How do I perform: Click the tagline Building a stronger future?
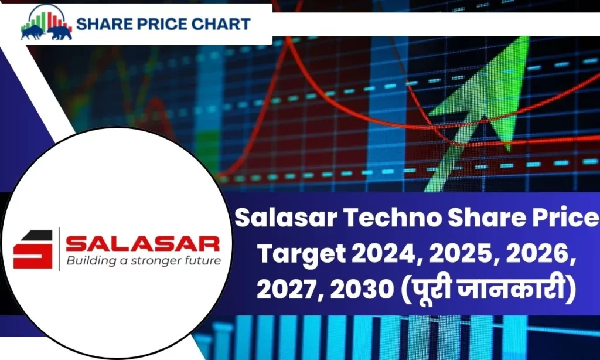143,260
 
